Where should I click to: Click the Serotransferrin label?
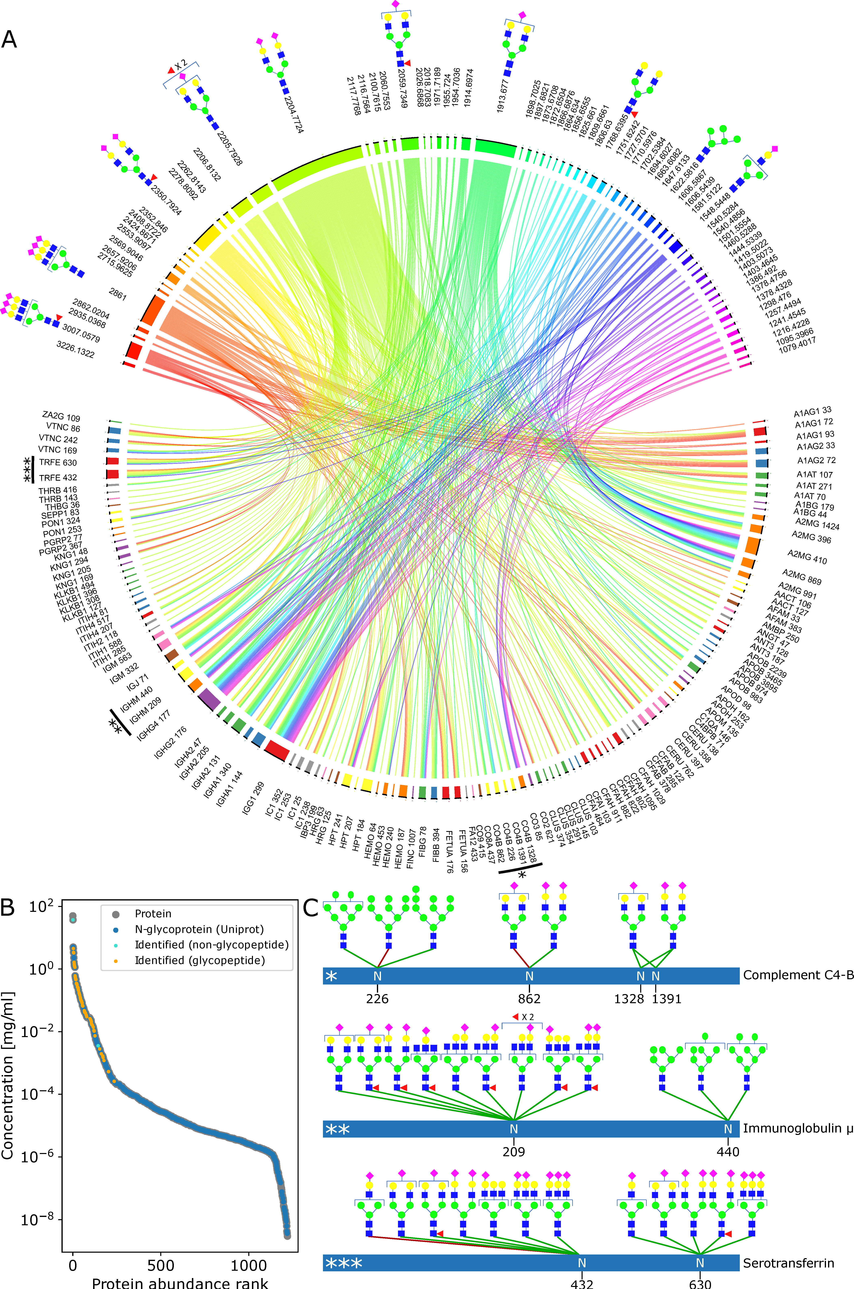pyautogui.click(x=788, y=1263)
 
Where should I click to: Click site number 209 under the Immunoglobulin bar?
pyautogui.click(x=514, y=1152)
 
